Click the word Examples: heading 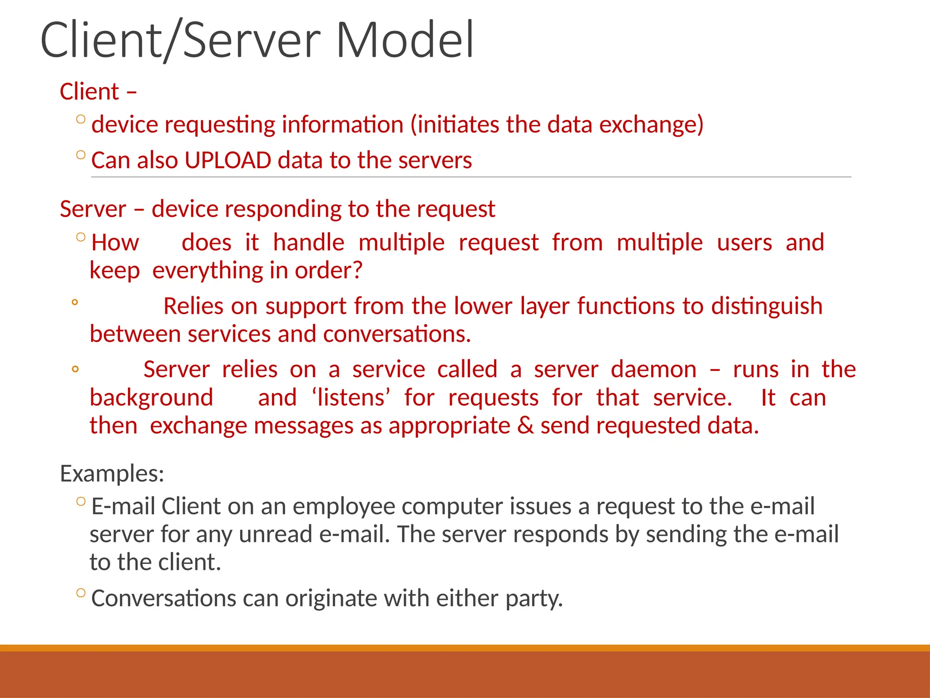[x=112, y=474]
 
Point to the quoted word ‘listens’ [x=351, y=398]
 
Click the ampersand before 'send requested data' [x=525, y=426]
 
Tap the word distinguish [x=767, y=306]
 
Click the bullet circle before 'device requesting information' [x=81, y=120]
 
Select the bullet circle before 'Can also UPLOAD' [x=81, y=155]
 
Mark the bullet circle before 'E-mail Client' [x=81, y=502]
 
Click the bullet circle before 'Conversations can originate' [x=81, y=593]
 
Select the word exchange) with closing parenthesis [x=651, y=125]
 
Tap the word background [x=151, y=398]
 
